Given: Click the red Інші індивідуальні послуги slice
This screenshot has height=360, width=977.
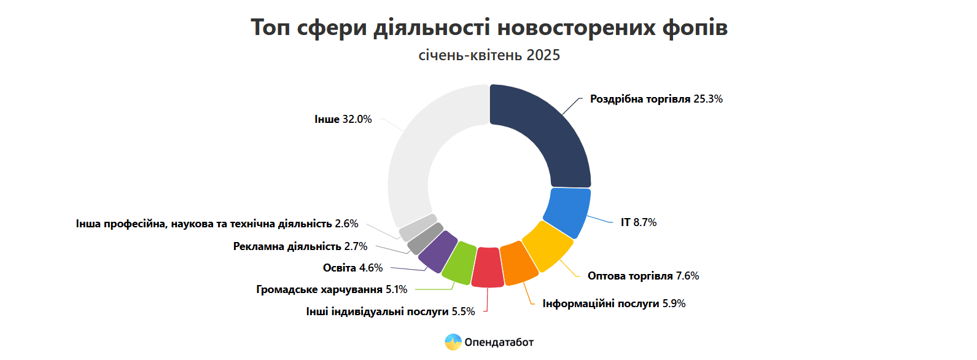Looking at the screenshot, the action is [488, 267].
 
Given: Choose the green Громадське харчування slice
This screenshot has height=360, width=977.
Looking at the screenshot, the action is [459, 262].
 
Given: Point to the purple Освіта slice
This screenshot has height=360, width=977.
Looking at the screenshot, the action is [437, 251].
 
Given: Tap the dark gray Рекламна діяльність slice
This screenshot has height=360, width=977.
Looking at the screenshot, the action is [425, 238].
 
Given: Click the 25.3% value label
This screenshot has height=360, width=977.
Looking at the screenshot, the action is [708, 99].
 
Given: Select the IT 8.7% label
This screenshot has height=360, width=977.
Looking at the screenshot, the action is [639, 222].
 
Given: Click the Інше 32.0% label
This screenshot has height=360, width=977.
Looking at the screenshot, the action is [343, 119].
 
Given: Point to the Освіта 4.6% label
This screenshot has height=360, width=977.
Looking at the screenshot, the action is [352, 267].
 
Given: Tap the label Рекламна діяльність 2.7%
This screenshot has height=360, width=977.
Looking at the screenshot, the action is [300, 246].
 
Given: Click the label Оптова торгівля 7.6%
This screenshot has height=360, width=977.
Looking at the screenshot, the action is [644, 276].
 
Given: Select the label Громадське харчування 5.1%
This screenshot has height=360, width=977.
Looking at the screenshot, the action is [332, 289].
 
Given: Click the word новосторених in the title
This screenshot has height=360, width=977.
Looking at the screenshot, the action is [576, 27].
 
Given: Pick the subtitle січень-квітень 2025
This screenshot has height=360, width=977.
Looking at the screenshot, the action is [489, 55].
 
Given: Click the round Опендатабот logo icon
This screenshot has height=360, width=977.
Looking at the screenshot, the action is [453, 342].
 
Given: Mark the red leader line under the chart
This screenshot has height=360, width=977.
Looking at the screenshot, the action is [487, 299].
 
